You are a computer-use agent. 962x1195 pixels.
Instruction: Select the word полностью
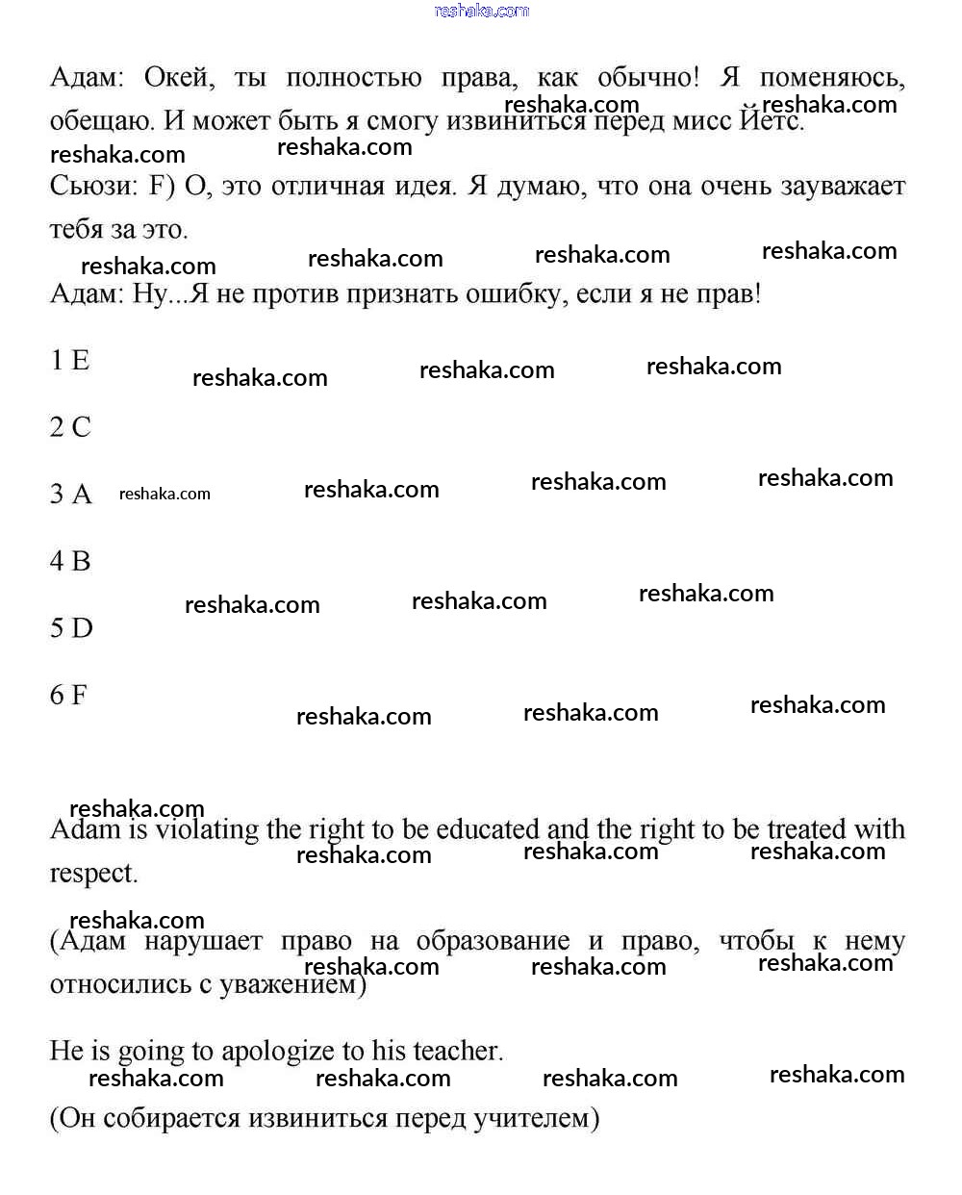pos(353,78)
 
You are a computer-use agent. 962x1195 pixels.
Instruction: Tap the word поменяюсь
pos(831,78)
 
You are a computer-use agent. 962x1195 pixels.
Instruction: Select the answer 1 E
pos(69,361)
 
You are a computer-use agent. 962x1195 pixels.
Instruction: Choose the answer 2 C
pos(70,427)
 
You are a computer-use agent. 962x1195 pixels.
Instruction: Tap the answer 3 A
pos(70,495)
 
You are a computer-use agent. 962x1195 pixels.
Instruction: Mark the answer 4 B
pos(70,561)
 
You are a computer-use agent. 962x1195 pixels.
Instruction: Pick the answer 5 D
pos(71,628)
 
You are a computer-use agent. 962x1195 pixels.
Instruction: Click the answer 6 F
pos(68,695)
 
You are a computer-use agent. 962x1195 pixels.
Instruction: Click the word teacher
pos(457,1052)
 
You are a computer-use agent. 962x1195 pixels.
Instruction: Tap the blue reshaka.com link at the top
pos(482,11)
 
